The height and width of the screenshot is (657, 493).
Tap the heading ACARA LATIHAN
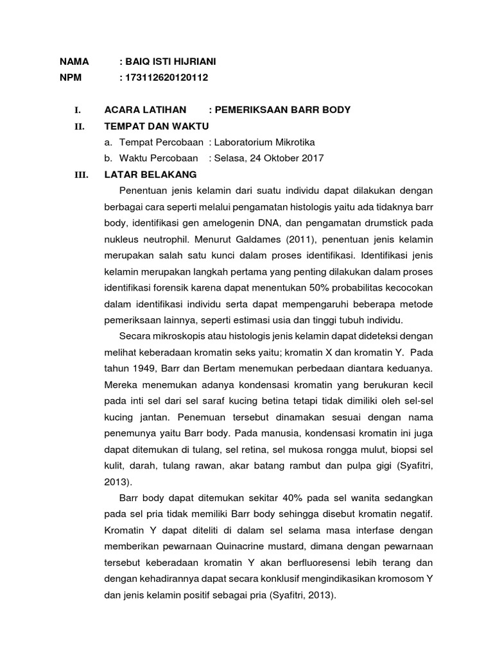coord(145,110)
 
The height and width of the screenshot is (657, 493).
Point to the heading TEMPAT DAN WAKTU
coord(156,126)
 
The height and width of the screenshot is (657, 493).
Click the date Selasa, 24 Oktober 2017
coord(269,158)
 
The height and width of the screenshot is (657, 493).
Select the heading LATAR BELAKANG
coord(150,175)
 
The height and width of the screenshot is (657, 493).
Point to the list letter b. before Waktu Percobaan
coord(108,158)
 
